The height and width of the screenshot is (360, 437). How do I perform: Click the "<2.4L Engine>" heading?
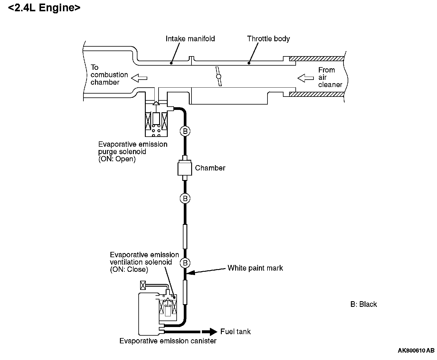[44, 8]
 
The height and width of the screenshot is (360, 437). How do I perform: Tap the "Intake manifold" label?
[190, 39]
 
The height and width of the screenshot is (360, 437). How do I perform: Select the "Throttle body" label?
[268, 39]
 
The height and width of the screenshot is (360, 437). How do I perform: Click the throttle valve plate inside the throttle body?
[218, 76]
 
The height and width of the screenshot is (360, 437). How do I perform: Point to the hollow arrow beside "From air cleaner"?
[305, 78]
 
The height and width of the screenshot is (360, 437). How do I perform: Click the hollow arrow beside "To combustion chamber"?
[139, 78]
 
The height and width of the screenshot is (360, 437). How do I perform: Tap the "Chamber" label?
[210, 168]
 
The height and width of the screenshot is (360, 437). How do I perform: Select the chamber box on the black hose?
[185, 168]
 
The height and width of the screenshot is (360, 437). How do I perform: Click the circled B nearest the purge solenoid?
[185, 131]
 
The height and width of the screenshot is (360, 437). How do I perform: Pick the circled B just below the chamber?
[185, 198]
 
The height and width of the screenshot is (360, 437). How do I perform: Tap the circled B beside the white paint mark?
[185, 263]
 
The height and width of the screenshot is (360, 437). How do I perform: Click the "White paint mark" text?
[255, 268]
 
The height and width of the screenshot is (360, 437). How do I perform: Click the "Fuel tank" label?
[235, 331]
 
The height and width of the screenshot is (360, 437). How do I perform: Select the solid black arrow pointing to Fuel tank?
[209, 332]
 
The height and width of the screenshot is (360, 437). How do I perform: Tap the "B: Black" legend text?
[363, 304]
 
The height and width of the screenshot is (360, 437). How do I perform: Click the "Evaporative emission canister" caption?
[168, 341]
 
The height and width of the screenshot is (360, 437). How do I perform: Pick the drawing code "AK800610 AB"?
[416, 350]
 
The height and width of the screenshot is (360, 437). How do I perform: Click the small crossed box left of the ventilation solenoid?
[143, 285]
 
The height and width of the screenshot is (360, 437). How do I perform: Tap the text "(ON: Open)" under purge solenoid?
[117, 159]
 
